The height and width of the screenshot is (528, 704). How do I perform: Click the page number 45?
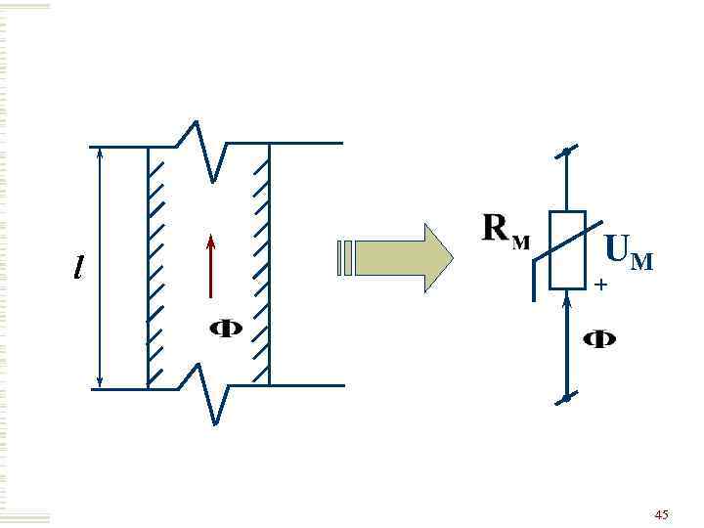[662, 513]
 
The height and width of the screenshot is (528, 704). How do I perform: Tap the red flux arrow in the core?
[210, 265]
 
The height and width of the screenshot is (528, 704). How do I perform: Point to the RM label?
[506, 231]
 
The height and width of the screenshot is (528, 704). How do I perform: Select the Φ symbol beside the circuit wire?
[599, 339]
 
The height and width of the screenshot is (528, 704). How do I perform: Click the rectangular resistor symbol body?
[567, 250]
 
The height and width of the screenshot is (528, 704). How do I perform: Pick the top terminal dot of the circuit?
[566, 153]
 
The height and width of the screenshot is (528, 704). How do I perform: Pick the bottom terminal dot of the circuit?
[566, 399]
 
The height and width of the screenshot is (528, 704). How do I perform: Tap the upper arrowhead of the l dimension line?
[100, 154]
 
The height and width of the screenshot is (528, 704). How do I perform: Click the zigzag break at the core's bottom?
[209, 391]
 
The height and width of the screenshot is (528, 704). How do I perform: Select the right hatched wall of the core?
[263, 264]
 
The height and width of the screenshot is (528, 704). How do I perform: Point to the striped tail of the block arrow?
[344, 257]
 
